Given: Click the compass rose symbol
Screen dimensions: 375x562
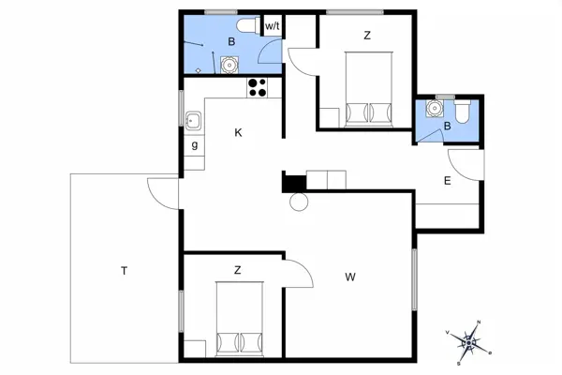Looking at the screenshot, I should click(468, 344).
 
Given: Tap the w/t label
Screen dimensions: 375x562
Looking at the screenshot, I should click(273, 26).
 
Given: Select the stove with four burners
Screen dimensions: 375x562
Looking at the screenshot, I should click(259, 88).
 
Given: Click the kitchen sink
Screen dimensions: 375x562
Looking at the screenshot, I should click(193, 121).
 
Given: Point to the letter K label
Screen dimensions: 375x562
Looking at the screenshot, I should click(239, 133).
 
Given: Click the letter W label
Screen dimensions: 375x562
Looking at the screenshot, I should click(350, 276).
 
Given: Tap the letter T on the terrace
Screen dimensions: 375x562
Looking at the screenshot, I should click(123, 271).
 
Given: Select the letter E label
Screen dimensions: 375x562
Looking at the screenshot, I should click(448, 181).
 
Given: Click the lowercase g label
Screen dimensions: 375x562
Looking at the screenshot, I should click(195, 145).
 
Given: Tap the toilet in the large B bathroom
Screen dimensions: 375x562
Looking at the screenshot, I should click(247, 26).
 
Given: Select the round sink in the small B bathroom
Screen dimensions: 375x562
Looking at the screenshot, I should click(432, 109).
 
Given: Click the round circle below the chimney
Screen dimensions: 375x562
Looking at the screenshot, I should click(299, 202).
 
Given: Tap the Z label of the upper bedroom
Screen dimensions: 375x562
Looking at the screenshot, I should click(367, 36).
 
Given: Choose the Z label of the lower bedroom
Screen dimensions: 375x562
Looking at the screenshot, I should click(238, 270).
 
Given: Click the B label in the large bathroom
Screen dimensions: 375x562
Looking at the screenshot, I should click(230, 41).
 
